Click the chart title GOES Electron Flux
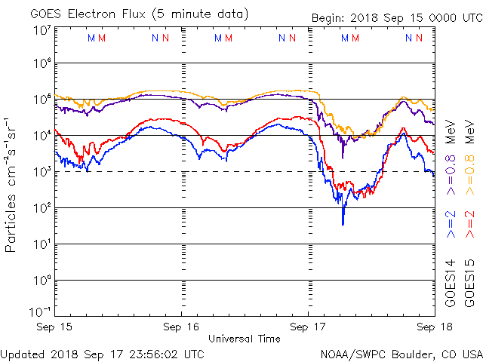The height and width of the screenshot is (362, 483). coord(88,14)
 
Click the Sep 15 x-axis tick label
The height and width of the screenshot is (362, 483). coord(54,327)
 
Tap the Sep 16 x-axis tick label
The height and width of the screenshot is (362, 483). coord(181,327)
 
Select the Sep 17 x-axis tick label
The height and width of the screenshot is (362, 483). coord(308,327)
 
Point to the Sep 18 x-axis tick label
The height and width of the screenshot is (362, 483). coord(435,327)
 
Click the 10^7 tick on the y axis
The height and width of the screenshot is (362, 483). coord(42,31)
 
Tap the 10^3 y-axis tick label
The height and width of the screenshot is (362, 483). coord(42,172)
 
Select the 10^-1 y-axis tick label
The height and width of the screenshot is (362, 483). coord(40,312)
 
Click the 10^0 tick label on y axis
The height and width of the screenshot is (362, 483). coord(42,281)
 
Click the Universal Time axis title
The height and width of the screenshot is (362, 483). coord(245,339)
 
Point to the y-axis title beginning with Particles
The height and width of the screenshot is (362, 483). coord(11,185)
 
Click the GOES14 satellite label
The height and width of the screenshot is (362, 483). coord(451,284)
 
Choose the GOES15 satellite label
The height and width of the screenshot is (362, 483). coord(469,284)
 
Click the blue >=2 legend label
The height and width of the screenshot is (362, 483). coord(451,224)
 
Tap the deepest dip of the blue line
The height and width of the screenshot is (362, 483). coord(343,225)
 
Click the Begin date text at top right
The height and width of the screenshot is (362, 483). coord(398,18)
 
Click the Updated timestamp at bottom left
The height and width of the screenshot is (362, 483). coord(103,354)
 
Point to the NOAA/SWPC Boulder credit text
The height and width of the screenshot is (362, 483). coord(401,354)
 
